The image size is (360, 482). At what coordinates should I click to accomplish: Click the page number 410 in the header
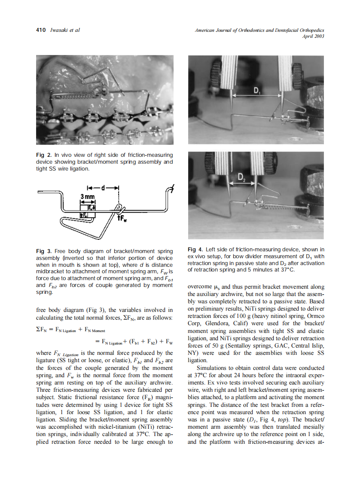(x=41, y=30)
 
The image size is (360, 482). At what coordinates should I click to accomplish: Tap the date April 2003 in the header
(x=313, y=36)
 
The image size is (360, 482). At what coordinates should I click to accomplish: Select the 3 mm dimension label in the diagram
(x=88, y=197)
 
